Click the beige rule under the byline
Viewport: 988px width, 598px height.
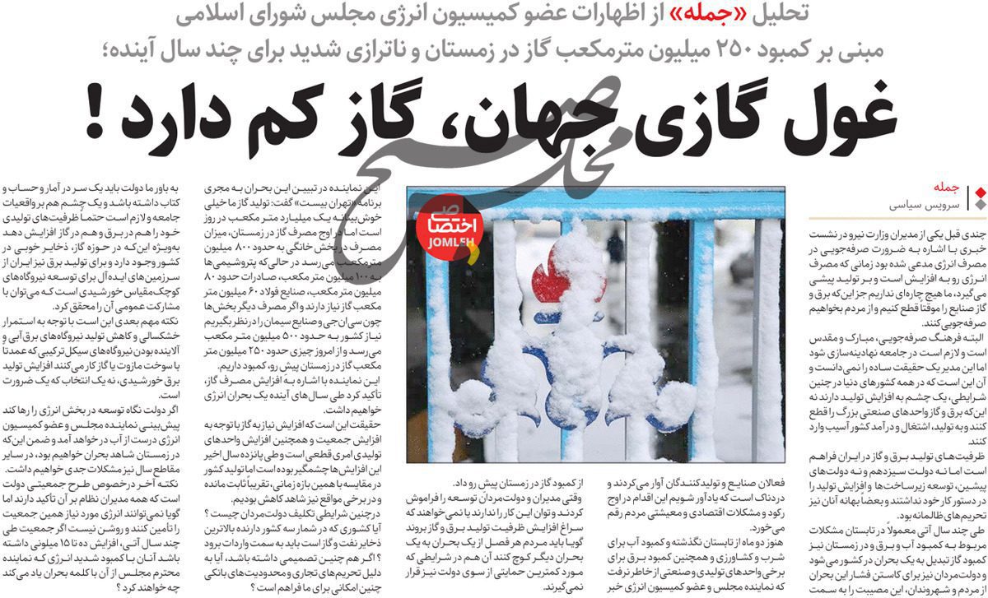[897, 218]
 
